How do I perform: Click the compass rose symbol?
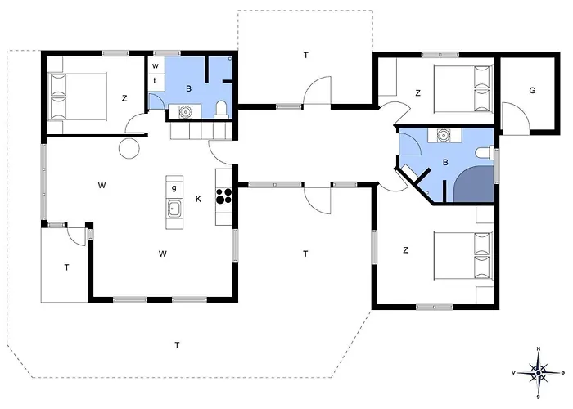539,373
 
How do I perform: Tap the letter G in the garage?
532,90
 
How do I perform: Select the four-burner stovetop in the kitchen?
224,196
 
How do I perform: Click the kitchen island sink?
174,209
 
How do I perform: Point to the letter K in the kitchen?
198,199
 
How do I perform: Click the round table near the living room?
129,149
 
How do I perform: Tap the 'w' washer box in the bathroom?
156,65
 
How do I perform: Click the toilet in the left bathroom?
221,110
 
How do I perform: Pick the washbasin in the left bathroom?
185,111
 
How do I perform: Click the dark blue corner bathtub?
474,184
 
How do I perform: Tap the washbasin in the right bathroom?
444,135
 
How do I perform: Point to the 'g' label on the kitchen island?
174,187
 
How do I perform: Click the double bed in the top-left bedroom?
78,97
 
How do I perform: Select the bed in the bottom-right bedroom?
463,255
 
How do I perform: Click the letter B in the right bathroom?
445,162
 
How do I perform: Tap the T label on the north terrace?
305,55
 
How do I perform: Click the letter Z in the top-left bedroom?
124,98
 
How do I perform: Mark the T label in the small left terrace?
66,267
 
